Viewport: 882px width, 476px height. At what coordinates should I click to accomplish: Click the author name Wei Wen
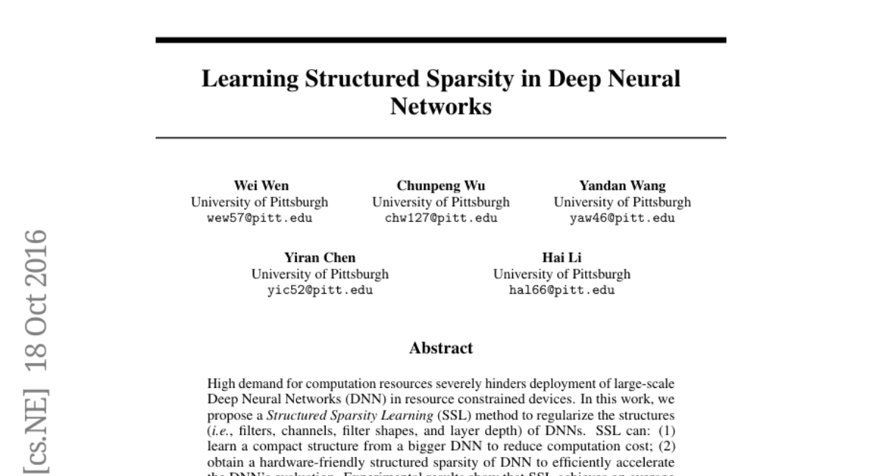(x=261, y=186)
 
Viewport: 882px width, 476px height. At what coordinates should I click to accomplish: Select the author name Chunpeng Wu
(x=440, y=186)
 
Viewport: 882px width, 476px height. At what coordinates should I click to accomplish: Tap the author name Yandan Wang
(x=622, y=186)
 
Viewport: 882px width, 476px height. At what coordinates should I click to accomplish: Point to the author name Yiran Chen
(x=320, y=257)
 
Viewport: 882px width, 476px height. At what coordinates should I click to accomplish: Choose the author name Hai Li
(x=561, y=257)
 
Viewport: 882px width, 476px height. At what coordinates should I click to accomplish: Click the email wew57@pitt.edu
(x=260, y=218)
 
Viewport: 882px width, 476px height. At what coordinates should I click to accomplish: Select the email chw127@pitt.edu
(x=440, y=218)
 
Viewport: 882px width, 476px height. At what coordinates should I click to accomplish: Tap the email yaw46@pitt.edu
(x=622, y=218)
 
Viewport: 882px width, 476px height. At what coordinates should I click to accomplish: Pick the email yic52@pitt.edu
(x=320, y=289)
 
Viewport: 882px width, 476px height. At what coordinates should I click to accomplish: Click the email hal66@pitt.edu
(x=562, y=289)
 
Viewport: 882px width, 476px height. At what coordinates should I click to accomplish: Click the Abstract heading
(x=440, y=347)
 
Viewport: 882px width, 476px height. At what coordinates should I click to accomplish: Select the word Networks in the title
(x=440, y=107)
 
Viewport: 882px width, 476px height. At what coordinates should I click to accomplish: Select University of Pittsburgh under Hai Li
(x=561, y=274)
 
